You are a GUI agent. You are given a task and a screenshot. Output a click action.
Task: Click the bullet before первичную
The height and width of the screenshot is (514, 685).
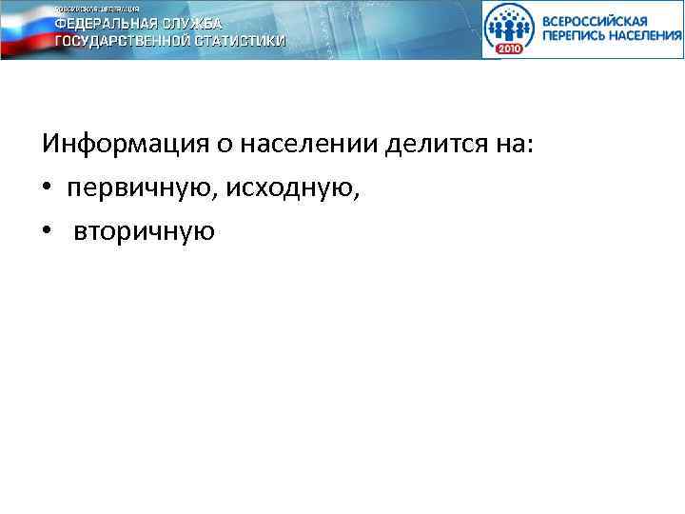[x=47, y=188]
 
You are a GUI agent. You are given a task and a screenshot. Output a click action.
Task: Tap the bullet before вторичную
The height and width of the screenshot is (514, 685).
[x=47, y=231]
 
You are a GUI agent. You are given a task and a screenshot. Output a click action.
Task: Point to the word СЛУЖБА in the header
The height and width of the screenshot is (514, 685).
[x=195, y=23]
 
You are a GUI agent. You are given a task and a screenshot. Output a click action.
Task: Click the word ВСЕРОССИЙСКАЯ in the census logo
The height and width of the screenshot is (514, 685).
[x=597, y=20]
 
